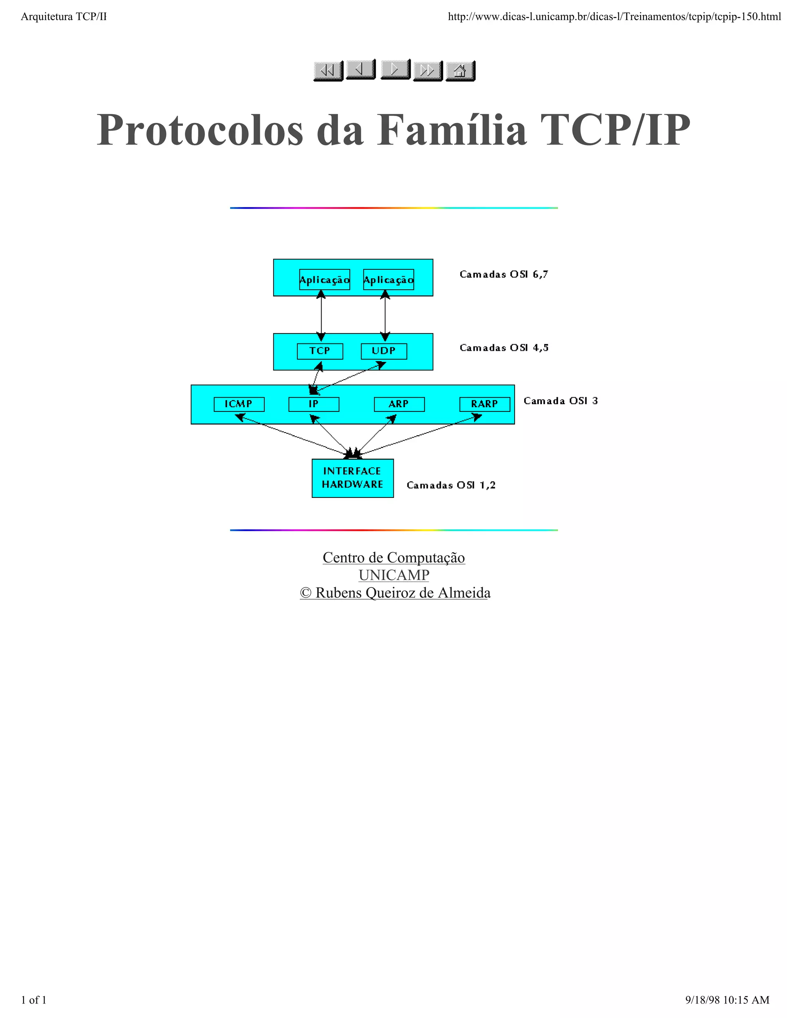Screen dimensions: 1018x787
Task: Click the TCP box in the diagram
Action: pyautogui.click(x=320, y=351)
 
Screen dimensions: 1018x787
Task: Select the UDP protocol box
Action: pyautogui.click(x=384, y=351)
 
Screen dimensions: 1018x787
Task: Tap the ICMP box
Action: pyautogui.click(x=239, y=404)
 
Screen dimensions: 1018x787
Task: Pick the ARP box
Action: pyautogui.click(x=399, y=404)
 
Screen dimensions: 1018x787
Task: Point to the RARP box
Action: pyautogui.click(x=485, y=404)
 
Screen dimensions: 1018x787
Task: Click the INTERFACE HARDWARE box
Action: pyautogui.click(x=352, y=478)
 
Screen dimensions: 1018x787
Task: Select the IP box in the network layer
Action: pyautogui.click(x=314, y=404)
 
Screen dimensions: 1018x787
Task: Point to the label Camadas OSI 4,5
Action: pyautogui.click(x=503, y=348)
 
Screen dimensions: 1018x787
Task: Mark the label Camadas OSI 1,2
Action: pyautogui.click(x=451, y=486)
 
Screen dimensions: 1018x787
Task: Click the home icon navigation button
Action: pyautogui.click(x=460, y=71)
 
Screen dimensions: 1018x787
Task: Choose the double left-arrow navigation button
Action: pyautogui.click(x=328, y=71)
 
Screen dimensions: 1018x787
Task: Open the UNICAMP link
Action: pyautogui.click(x=393, y=575)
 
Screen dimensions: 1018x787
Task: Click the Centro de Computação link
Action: pyautogui.click(x=393, y=557)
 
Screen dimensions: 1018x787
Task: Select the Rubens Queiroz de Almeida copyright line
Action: pyautogui.click(x=395, y=593)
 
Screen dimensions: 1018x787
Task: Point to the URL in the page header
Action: pyautogui.click(x=614, y=17)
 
